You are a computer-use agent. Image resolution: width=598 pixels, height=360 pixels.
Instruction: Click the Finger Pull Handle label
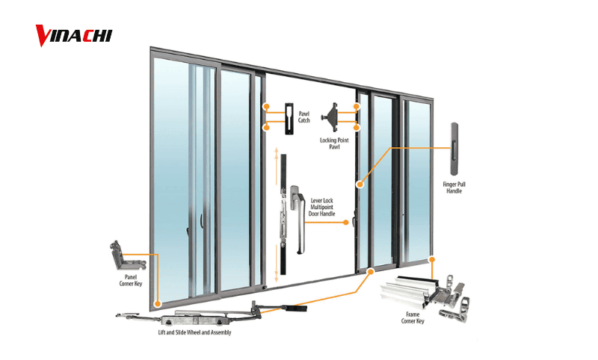454,187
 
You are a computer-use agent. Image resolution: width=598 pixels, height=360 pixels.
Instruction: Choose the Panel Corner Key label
131,280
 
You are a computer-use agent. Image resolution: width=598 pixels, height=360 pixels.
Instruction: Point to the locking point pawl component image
333,117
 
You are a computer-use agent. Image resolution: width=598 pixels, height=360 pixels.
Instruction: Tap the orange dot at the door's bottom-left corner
158,303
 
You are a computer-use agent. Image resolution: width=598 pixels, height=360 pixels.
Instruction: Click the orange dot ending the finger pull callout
359,183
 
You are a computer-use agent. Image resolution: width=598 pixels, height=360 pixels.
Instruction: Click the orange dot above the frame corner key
432,259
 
